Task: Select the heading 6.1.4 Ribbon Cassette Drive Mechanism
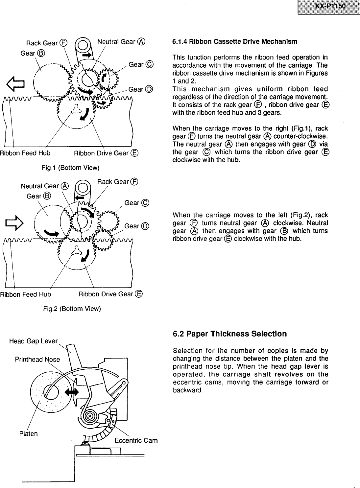click(x=235, y=42)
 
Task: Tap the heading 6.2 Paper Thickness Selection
click(x=230, y=334)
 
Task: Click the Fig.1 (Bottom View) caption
click(x=71, y=168)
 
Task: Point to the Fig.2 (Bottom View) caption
click(x=72, y=309)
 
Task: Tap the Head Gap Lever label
click(x=33, y=341)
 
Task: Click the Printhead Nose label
click(x=37, y=359)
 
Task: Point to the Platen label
click(x=28, y=433)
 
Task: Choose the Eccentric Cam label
click(x=136, y=440)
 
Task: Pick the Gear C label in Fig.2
click(x=137, y=203)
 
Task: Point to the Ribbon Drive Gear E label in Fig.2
click(x=110, y=294)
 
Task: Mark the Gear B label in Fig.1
click(x=33, y=53)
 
